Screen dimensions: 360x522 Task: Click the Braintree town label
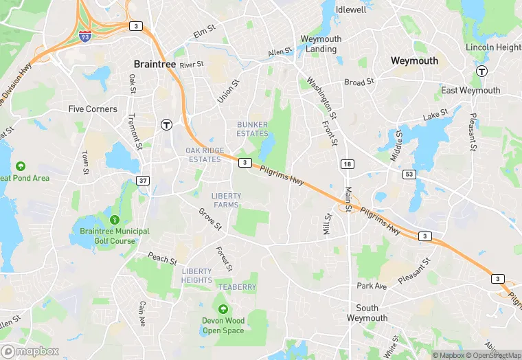coord(155,63)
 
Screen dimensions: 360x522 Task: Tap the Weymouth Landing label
coord(321,44)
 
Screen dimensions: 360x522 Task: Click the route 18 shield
coord(348,164)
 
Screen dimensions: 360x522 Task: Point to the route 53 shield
coord(409,175)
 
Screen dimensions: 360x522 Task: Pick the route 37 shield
coord(143,181)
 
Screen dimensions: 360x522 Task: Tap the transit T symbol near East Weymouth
coord(482,71)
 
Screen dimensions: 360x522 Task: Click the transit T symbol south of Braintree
coord(166,124)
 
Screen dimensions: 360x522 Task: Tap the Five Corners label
coord(93,109)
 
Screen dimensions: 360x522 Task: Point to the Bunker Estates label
coord(252,128)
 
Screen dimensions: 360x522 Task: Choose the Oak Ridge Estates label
coord(205,155)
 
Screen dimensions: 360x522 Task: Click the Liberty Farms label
coord(226,200)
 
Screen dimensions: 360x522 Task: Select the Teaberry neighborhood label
coord(237,286)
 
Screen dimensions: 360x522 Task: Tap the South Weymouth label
coord(372,313)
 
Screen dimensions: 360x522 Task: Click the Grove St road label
coord(210,219)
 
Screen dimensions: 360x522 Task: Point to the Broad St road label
coord(359,82)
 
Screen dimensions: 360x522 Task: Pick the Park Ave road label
coord(372,285)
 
